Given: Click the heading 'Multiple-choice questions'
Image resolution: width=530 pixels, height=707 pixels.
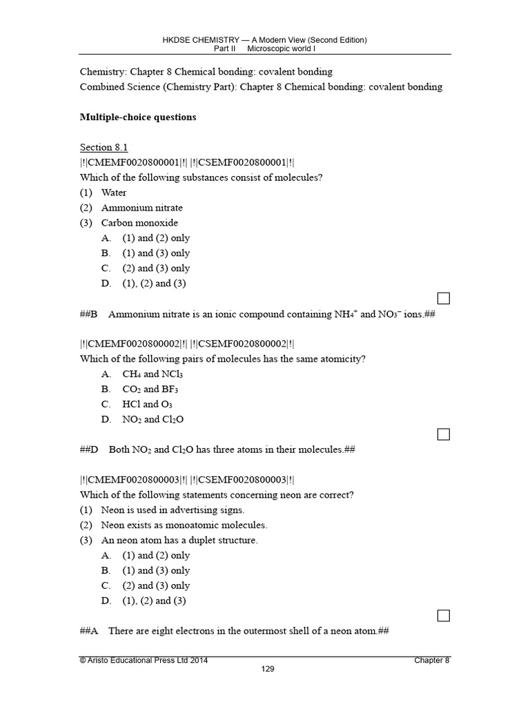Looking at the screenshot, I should click(x=138, y=117).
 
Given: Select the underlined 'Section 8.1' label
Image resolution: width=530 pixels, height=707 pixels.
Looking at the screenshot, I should click(x=104, y=147).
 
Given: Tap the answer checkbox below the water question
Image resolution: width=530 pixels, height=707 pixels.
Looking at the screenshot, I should click(x=444, y=298).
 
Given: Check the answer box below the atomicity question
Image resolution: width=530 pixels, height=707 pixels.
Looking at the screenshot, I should click(x=444, y=434).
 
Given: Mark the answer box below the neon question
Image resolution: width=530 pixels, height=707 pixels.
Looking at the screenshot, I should click(x=444, y=615).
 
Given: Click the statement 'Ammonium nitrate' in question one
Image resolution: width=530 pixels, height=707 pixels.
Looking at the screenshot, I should click(x=141, y=208).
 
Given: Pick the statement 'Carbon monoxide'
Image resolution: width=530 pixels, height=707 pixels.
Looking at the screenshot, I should click(x=139, y=223).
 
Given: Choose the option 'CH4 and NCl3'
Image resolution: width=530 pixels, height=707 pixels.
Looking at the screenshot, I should click(x=152, y=374).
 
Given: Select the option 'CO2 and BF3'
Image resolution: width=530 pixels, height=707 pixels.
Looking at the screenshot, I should click(x=151, y=389).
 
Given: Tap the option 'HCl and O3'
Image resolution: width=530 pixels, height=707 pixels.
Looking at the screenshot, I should click(x=147, y=405).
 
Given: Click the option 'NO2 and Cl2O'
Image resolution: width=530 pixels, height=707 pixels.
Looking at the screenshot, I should click(x=153, y=420).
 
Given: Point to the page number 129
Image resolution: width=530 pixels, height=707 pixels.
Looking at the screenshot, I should click(x=268, y=669).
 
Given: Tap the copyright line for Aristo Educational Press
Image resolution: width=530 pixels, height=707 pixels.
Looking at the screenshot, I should click(x=144, y=661).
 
